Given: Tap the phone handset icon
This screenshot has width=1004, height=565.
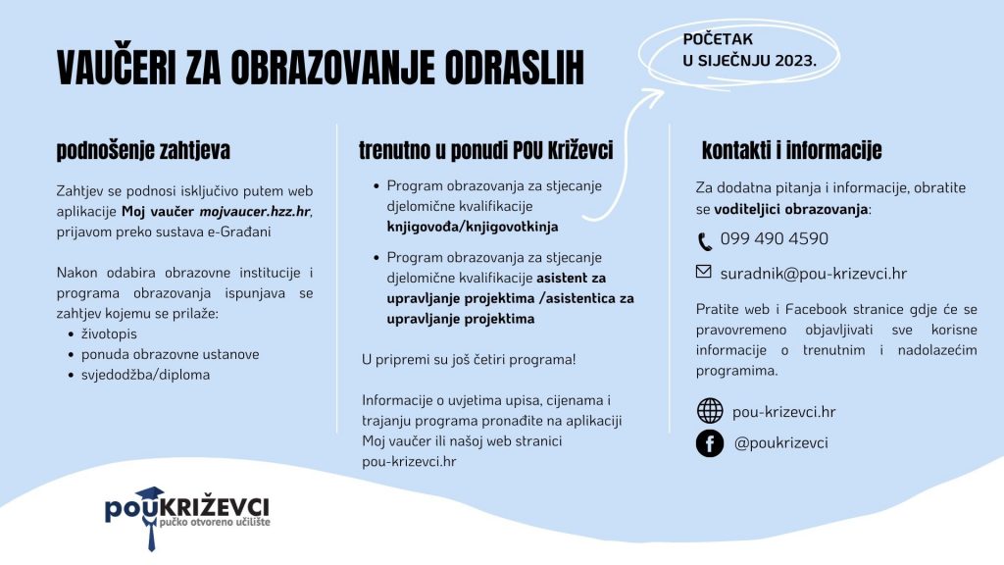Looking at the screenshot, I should (x=705, y=241).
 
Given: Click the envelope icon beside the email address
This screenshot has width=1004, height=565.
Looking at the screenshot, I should (x=704, y=272).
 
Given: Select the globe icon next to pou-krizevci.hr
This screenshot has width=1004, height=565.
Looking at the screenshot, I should (x=709, y=411).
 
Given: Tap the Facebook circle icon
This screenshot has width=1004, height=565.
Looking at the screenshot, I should (x=709, y=443).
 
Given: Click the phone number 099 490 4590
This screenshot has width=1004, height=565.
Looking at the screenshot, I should (x=774, y=238).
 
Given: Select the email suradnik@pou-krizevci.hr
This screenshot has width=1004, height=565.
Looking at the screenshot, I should (x=813, y=274).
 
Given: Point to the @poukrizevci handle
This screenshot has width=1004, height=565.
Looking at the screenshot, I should (x=780, y=442).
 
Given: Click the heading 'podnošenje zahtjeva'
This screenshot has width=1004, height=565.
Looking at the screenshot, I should (x=143, y=151).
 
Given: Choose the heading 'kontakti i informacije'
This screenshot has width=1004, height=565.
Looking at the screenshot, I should (x=791, y=151).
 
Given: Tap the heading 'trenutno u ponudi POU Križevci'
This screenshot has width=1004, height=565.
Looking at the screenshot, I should (x=485, y=151).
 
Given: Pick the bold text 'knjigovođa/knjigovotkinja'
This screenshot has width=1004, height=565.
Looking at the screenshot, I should (x=472, y=227).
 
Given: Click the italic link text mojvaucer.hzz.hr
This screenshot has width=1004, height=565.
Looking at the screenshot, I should (x=255, y=211).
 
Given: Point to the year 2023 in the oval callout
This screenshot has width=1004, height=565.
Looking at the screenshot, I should (x=795, y=60).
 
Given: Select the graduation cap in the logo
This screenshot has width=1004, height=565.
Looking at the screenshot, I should (x=151, y=495).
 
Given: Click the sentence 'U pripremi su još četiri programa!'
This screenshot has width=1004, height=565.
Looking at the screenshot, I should (x=469, y=359).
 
